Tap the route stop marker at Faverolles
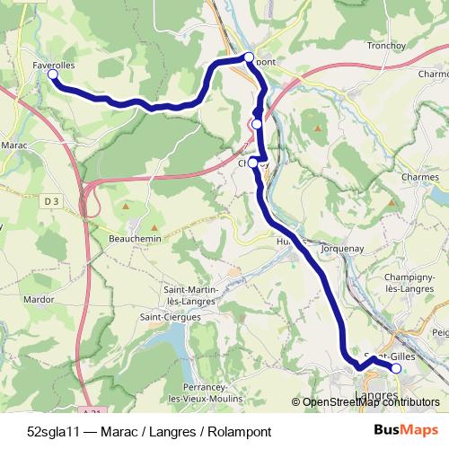pyautogui.click(x=52, y=75)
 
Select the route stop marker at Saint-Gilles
pyautogui.click(x=396, y=368)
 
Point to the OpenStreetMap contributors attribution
pyautogui.click(x=365, y=402)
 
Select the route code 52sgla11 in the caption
pyautogui.click(x=55, y=431)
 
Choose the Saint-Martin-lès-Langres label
pyautogui.click(x=189, y=295)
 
